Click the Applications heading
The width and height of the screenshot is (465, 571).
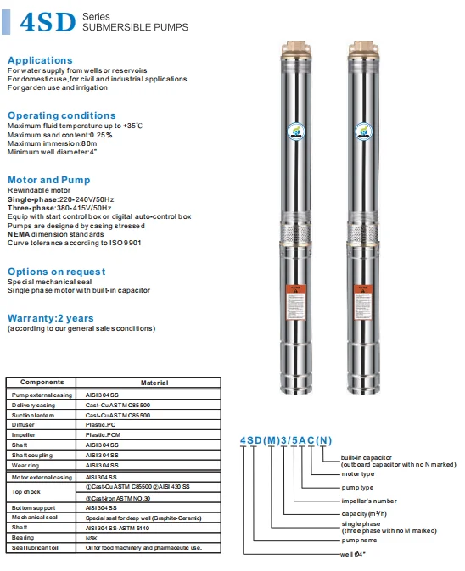(40, 60)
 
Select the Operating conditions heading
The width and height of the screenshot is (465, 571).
(61, 115)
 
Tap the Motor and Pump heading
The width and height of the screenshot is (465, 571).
(48, 180)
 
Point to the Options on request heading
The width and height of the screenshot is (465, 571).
(56, 272)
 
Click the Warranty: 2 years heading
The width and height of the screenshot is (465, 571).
(49, 317)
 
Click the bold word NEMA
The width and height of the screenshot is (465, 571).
(19, 233)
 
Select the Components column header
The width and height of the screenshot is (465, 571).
(42, 383)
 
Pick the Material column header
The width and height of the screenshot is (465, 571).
(154, 383)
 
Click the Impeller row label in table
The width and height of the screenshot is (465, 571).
(24, 434)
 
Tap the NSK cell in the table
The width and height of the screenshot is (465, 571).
(92, 537)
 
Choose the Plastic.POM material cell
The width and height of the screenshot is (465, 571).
(103, 434)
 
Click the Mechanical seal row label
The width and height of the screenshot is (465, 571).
(33, 517)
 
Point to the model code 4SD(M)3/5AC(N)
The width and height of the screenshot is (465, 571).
(286, 439)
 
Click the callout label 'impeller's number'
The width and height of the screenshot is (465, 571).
(364, 501)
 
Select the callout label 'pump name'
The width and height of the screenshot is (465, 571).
(361, 540)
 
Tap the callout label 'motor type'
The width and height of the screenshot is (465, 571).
(357, 474)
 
